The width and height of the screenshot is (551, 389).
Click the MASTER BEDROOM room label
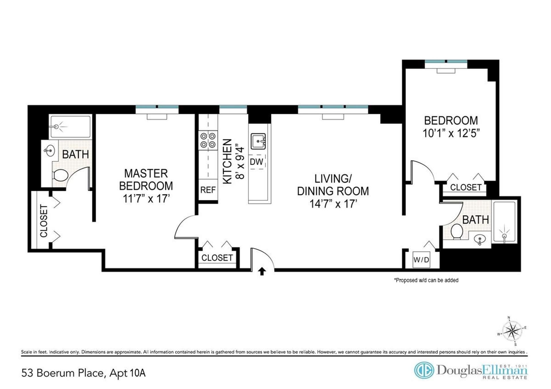pos(146,180)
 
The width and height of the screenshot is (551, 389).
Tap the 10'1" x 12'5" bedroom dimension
pos(451,133)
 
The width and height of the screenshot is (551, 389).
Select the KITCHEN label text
pos(227,161)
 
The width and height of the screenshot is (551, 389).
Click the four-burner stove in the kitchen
pos(208,140)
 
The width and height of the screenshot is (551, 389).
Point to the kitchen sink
pos(258,141)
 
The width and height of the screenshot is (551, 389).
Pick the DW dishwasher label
pos(256,162)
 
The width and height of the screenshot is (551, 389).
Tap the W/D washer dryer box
pos(421,260)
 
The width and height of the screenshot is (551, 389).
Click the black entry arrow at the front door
pos(262,271)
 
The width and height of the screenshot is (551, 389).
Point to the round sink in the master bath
pos(50,150)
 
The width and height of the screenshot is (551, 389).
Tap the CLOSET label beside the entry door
pos(217,258)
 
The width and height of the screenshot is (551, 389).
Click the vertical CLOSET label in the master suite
pos(44,221)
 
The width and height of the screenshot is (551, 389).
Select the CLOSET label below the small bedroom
pos(465,187)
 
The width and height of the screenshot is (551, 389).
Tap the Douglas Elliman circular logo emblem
pos(424,370)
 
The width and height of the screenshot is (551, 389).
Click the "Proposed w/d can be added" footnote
pos(426,280)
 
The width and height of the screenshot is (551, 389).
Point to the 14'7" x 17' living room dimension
pos(333,204)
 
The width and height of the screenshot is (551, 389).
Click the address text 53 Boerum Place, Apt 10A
pos(84,373)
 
